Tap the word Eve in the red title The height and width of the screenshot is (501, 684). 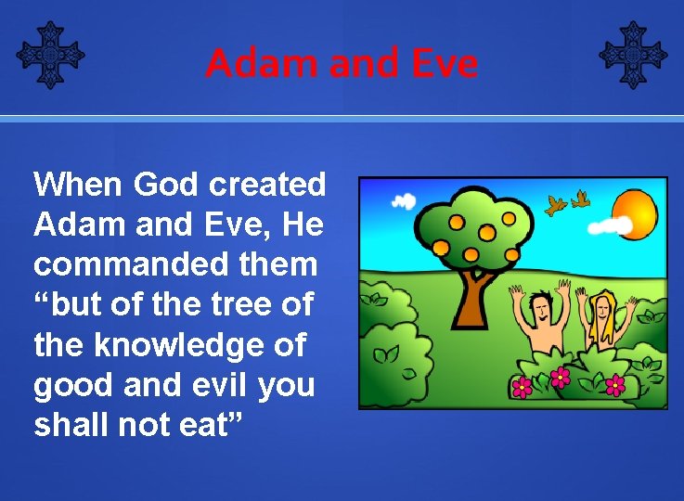[x=444, y=63]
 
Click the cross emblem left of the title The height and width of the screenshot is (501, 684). [x=50, y=55]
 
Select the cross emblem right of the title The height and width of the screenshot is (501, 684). [x=633, y=55]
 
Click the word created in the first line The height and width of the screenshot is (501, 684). [x=268, y=185]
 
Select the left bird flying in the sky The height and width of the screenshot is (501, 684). [x=557, y=205]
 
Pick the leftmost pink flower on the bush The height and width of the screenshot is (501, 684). [x=523, y=386]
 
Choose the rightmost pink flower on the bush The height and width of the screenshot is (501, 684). [x=615, y=384]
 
